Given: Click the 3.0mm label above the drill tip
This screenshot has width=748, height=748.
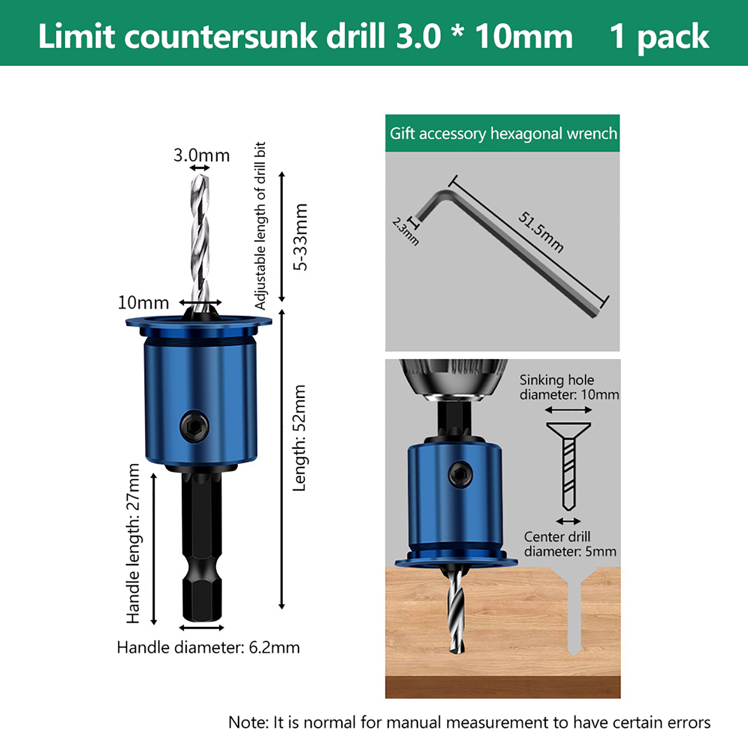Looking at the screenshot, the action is [x=201, y=155].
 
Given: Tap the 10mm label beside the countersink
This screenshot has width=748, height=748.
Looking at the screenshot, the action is [x=143, y=303].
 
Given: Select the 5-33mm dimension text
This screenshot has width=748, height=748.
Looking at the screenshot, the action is [x=301, y=237].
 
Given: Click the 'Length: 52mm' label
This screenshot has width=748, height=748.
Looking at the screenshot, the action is [x=299, y=438].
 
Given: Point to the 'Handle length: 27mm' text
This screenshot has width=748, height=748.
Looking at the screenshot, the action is [x=133, y=543].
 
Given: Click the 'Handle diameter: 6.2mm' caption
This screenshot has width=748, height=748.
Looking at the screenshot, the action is [x=209, y=647].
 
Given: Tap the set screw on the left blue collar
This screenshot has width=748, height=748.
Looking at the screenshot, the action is [x=194, y=426].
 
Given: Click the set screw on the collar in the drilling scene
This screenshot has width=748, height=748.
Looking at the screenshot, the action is [x=460, y=475].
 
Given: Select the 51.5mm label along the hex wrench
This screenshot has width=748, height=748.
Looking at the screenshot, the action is [x=541, y=232].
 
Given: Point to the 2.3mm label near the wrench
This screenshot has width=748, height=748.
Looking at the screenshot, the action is [x=405, y=231].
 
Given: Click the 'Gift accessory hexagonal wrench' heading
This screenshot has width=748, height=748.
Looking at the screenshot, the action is [x=503, y=134].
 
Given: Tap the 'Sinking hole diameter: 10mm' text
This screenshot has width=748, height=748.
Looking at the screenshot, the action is [x=569, y=387].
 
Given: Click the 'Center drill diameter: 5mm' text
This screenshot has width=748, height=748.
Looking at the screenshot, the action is [x=570, y=544].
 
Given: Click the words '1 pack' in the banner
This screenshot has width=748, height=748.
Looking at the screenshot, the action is [x=659, y=36].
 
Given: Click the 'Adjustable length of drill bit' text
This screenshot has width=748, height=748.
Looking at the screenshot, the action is [x=260, y=226].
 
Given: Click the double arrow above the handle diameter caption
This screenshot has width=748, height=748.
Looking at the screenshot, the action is [x=201, y=628].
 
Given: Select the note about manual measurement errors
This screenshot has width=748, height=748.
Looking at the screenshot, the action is [x=469, y=722].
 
